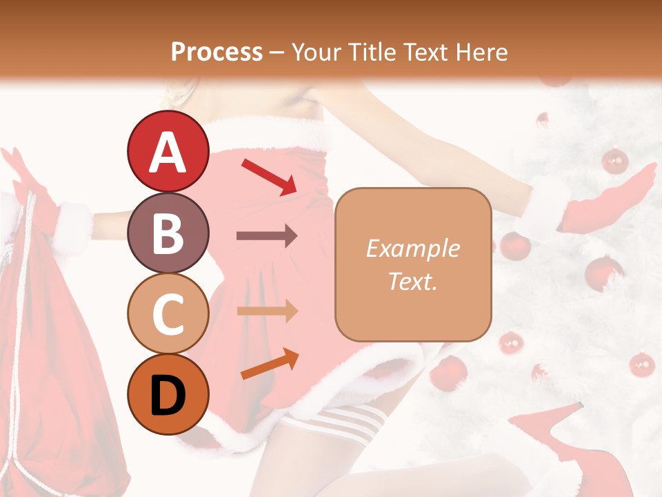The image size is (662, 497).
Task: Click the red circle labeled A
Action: click(168, 151)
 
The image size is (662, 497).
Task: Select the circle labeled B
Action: click(168, 233)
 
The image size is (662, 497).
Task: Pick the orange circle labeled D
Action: click(168, 395)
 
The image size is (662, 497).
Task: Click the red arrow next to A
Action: click(269, 177)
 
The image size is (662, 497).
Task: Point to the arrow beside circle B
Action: click(267, 236)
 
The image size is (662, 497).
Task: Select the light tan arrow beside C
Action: click(267, 311)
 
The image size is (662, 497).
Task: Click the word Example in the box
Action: click(412, 248)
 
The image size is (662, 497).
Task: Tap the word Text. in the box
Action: click(412, 281)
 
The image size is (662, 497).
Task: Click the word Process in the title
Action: click(217, 52)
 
